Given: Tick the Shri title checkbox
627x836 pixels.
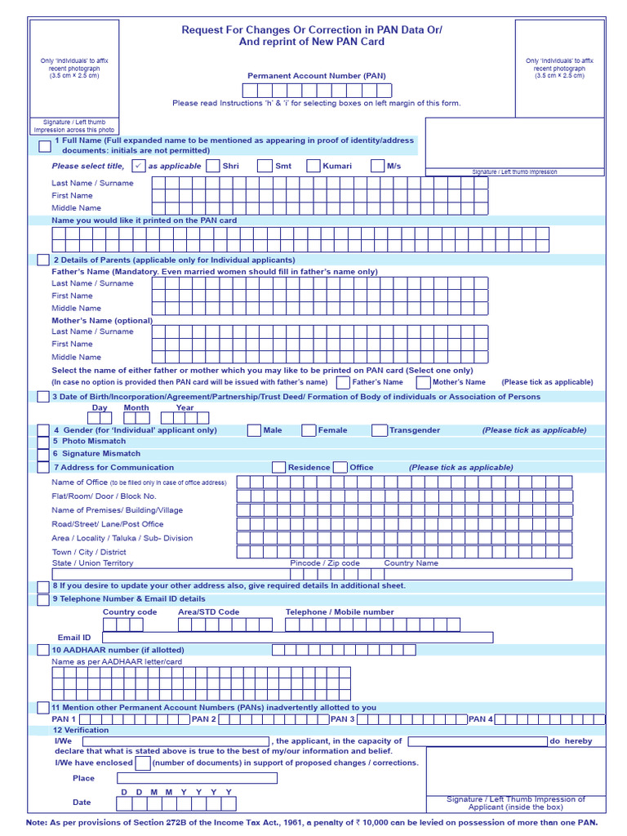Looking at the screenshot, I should click(213, 166).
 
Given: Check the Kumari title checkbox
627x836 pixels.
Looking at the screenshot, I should click(313, 166).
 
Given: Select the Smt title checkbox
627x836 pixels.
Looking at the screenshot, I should click(265, 166).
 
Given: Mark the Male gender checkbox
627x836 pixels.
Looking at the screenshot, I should click(254, 430).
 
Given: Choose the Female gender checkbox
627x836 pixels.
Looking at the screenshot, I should click(309, 430).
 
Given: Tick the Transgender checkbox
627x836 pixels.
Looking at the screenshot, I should click(380, 430).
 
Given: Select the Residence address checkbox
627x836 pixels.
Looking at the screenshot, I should click(279, 468).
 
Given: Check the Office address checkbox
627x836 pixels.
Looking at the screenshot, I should click(340, 468).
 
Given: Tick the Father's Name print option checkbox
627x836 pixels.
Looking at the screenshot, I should click(343, 382).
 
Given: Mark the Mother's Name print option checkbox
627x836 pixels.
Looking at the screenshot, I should click(423, 382).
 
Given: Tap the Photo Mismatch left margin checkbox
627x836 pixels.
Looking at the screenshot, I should click(43, 442).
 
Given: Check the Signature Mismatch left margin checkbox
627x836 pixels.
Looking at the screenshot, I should click(43, 454).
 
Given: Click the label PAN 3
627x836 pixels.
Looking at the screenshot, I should click(342, 719).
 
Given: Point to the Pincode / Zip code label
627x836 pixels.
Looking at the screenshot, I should click(325, 563).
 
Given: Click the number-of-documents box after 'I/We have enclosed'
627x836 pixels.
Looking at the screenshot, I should click(143, 763).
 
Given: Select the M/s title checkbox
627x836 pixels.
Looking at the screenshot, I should click(377, 166).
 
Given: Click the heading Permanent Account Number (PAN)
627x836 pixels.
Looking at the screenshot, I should click(317, 76).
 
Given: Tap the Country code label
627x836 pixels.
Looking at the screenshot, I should click(130, 612).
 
